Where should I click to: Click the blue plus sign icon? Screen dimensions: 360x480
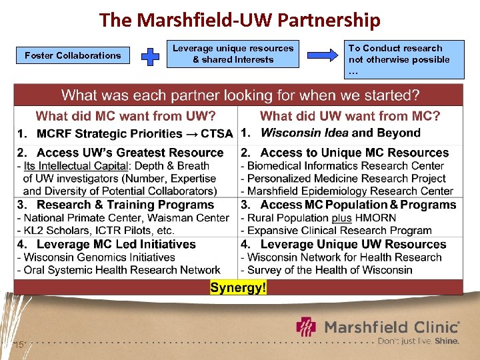(x=152, y=55)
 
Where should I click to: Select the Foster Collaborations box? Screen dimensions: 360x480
(x=73, y=55)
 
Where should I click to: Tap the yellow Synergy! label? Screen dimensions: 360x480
(x=238, y=287)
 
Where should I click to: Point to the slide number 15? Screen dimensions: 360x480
(x=19, y=344)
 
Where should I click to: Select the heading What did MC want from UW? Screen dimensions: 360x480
(x=125, y=116)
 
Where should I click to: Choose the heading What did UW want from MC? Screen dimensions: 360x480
(x=350, y=116)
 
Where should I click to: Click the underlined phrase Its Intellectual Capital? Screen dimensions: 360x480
(x=75, y=165)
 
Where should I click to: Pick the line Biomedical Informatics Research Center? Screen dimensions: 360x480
(x=345, y=165)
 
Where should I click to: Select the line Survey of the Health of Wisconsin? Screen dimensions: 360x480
(x=329, y=270)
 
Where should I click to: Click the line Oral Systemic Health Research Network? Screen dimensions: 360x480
(x=122, y=270)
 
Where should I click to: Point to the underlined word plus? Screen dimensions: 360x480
(x=342, y=218)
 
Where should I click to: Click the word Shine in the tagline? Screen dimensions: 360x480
(x=447, y=341)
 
